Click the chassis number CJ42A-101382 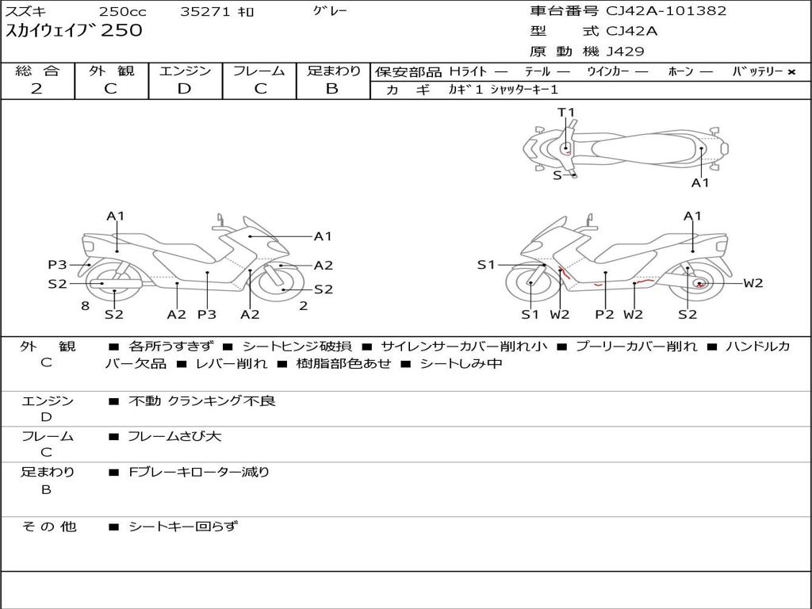pos(665,11)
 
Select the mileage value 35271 pos(204,12)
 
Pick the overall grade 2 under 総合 pos(37,89)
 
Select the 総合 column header pos(37,71)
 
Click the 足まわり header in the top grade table pos(333,71)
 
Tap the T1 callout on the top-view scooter pos(566,113)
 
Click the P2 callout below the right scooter pos(605,315)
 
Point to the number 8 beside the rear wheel pos(85,305)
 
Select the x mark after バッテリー pos(791,71)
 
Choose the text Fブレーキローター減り pos(199,472)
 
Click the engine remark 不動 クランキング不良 pos(202,401)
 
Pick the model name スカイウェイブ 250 pos(75,31)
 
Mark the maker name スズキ pos(27,12)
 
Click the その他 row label pos(48,526)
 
